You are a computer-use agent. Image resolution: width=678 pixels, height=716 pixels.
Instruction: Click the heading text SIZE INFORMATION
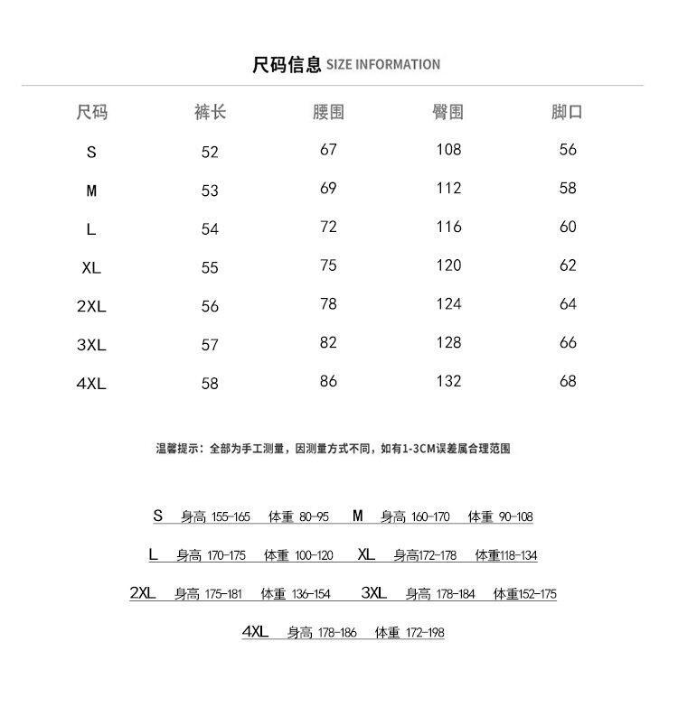[x=382, y=65]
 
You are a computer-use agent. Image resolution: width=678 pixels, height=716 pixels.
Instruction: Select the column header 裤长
[x=210, y=112]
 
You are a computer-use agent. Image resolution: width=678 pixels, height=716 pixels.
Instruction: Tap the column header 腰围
[x=328, y=112]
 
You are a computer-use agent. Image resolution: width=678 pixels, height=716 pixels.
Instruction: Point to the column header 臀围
[x=448, y=112]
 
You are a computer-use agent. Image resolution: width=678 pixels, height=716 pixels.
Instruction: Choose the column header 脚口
[x=567, y=112]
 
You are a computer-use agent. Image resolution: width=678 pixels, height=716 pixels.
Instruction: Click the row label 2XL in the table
[x=91, y=306]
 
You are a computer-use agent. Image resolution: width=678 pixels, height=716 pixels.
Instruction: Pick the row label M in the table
[x=91, y=191]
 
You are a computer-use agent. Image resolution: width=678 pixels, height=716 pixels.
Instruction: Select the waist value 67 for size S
[x=328, y=150]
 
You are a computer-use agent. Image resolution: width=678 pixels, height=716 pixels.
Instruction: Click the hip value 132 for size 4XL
[x=448, y=381]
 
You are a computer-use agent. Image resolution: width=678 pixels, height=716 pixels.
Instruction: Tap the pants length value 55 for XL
[x=210, y=268]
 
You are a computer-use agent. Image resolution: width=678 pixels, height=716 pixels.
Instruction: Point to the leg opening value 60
[x=568, y=227]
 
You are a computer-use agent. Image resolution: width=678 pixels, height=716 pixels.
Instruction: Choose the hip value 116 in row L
[x=448, y=227]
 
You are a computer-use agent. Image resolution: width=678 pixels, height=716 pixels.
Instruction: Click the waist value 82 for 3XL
[x=328, y=342]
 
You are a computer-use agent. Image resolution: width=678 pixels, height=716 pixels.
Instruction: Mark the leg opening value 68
[x=568, y=381]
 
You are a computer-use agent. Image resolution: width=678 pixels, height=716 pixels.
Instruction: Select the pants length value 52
[x=210, y=153]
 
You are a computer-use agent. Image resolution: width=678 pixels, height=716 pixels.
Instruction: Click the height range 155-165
[x=230, y=517]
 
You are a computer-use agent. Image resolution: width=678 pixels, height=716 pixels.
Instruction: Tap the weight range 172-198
[x=425, y=633]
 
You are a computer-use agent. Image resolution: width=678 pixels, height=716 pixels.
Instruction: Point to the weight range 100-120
[x=314, y=556]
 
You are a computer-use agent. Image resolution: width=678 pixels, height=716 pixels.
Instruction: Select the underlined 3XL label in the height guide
[x=373, y=593]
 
